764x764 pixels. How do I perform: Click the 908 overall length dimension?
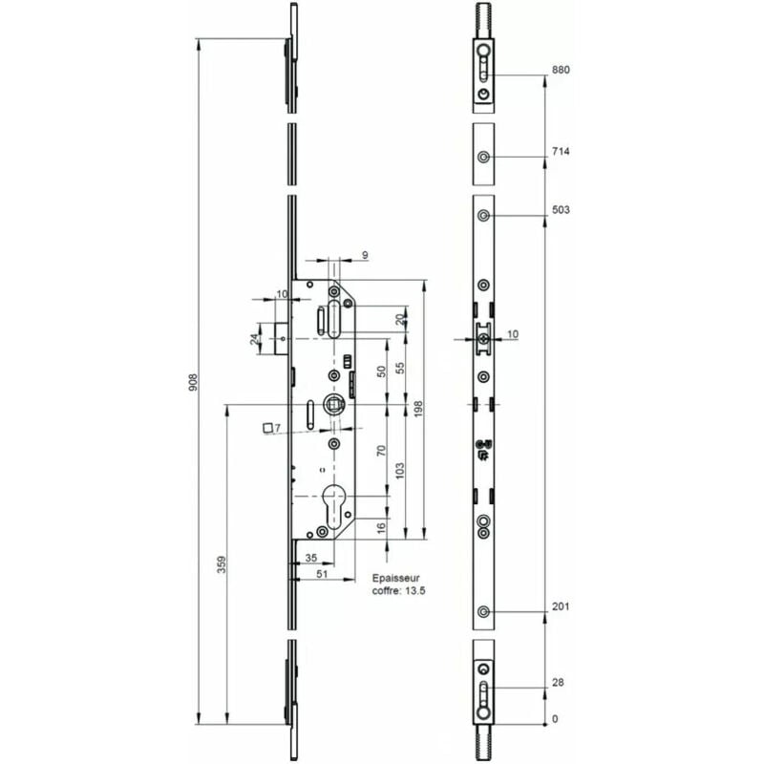[194, 384]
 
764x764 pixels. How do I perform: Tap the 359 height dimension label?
[222, 564]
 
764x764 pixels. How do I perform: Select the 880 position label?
[561, 70]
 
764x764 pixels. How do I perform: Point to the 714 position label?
[561, 152]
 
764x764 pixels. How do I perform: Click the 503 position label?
[561, 210]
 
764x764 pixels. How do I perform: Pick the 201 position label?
[561, 606]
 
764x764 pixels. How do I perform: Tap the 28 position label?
[558, 682]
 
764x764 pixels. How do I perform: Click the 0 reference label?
[555, 719]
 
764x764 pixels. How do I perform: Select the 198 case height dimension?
[418, 410]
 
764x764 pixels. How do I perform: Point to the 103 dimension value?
[400, 471]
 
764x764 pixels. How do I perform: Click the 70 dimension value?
[381, 450]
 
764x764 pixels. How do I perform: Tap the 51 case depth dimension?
[322, 574]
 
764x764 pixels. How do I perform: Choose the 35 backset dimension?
[311, 558]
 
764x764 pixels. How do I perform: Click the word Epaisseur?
[395, 579]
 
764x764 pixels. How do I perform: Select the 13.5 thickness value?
[415, 591]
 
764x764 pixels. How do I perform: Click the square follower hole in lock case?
[334, 404]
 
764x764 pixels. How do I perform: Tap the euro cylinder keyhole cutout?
[334, 506]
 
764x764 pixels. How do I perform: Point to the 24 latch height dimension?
[254, 339]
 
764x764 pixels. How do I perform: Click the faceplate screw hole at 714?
[483, 157]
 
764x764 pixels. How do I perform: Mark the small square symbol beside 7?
[267, 428]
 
